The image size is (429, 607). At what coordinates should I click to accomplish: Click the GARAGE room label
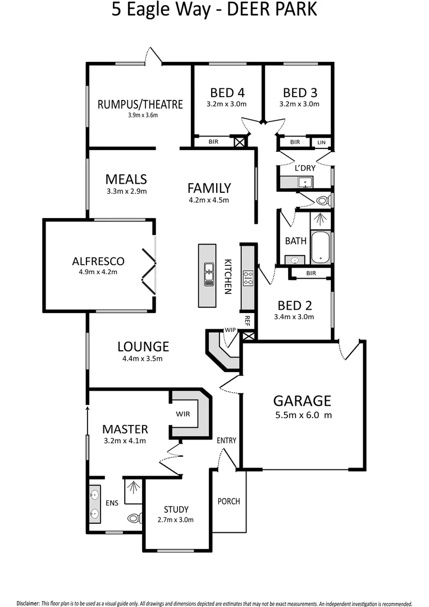302,401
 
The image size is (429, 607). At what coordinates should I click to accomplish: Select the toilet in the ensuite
134,518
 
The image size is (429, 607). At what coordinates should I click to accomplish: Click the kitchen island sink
208,271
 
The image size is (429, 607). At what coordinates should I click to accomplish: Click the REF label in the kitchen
247,321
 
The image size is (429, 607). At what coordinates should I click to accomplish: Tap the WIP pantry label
230,329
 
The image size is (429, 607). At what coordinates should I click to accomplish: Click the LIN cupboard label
321,143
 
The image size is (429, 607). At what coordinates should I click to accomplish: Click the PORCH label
229,501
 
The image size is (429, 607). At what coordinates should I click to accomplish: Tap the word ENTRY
226,441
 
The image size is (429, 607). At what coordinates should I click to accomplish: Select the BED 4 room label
227,93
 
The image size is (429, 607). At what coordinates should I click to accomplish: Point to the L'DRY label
305,168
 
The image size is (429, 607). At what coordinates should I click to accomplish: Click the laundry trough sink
305,182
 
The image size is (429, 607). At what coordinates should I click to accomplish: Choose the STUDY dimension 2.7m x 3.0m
176,520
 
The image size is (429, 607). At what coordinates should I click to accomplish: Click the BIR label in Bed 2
311,273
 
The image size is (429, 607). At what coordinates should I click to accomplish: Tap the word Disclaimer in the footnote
28,603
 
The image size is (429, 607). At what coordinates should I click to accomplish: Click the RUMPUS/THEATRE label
140,104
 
